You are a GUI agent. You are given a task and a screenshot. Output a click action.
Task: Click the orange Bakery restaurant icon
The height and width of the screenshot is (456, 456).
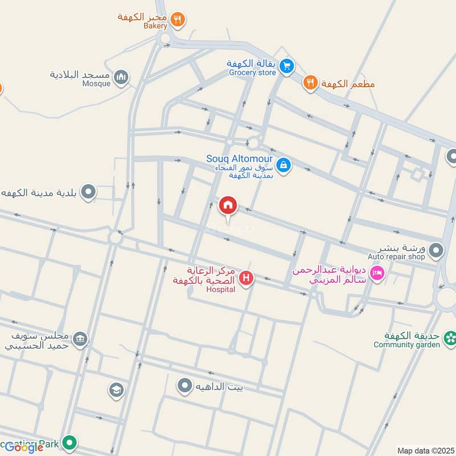point(178,19)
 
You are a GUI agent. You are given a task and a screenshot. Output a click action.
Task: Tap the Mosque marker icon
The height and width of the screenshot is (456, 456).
point(121,78)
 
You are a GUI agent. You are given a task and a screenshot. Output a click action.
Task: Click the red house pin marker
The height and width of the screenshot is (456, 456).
point(228,206)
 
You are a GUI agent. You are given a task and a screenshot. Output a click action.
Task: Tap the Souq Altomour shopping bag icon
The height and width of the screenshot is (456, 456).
point(283,165)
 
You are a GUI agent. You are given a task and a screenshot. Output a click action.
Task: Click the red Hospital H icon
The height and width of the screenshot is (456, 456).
point(246,278)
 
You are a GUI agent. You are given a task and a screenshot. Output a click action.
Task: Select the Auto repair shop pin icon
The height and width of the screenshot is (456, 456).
point(436,250)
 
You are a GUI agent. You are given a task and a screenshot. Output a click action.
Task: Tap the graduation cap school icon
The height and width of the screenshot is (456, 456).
point(116,390)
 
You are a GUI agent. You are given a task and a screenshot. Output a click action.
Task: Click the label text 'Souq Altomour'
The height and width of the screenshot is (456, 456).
point(239,158)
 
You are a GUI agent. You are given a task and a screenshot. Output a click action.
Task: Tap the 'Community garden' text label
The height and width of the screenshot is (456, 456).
point(407,345)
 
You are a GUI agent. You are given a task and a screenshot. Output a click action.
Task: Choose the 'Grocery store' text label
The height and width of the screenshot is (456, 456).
point(252,73)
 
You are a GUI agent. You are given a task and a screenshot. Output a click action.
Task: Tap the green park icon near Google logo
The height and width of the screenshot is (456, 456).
point(70,442)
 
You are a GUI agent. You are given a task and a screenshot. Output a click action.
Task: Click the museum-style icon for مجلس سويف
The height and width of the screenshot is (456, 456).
point(81,340)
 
